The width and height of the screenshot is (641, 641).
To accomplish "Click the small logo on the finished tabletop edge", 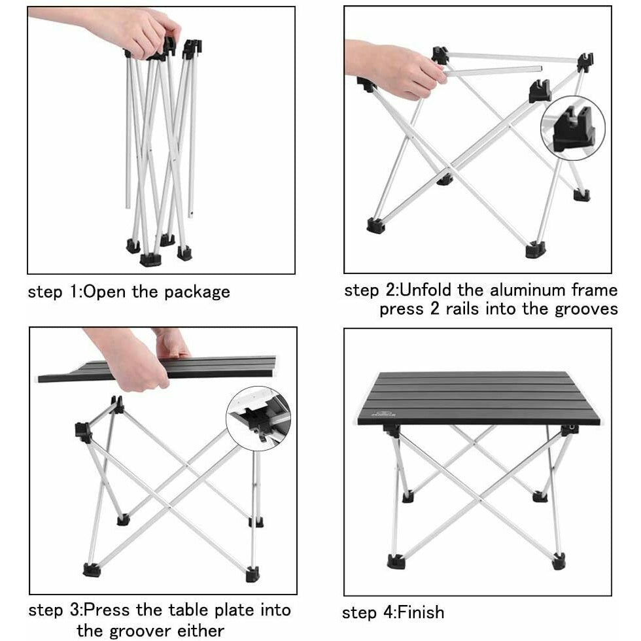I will point(379,413).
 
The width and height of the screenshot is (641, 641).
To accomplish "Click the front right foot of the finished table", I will point(558,561).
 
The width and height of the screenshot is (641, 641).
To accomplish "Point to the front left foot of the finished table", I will point(395,561).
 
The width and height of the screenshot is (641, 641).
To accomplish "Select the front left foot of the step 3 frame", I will point(92,569).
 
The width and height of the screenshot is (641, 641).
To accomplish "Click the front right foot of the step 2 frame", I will point(534,250).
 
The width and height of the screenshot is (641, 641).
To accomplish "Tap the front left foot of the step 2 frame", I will point(375,226).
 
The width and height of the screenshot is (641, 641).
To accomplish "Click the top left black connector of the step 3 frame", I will point(82,430).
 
